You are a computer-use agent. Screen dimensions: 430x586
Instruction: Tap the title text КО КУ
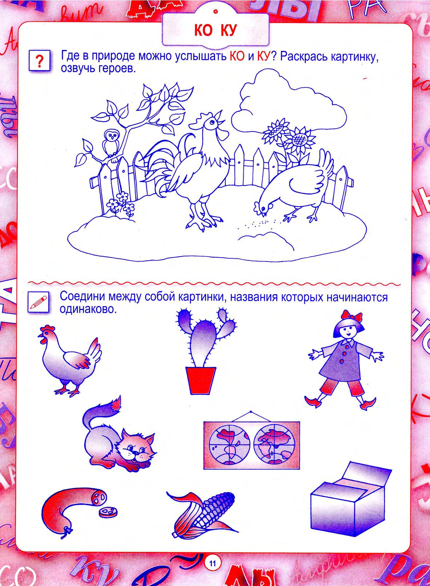click(x=215, y=31)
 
